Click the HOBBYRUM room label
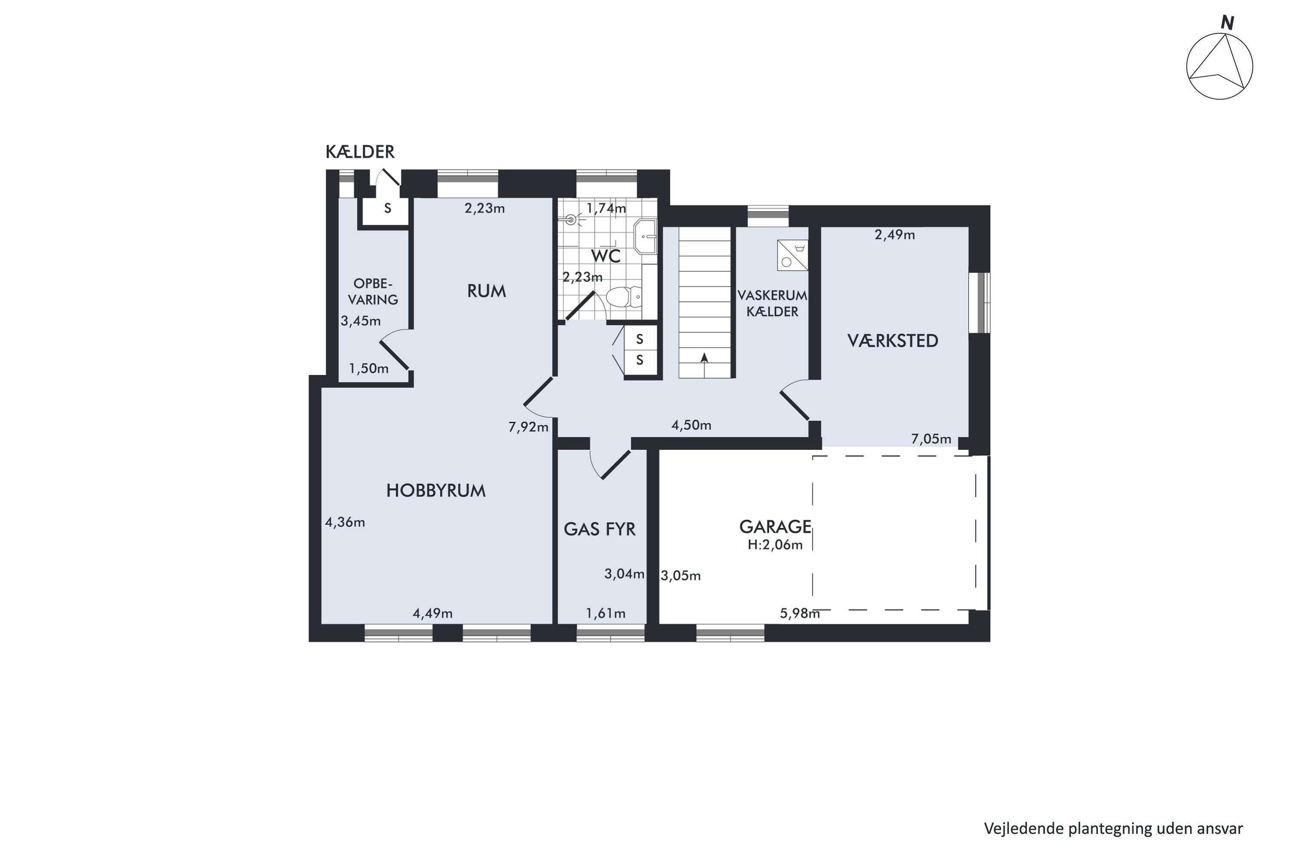pyautogui.click(x=436, y=490)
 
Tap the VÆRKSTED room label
pyautogui.click(x=893, y=341)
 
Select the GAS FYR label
pyautogui.click(x=599, y=529)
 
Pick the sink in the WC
pyautogui.click(x=645, y=236)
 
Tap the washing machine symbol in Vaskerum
pyautogui.click(x=792, y=255)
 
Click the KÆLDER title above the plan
pyautogui.click(x=360, y=152)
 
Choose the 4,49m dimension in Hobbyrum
pyautogui.click(x=433, y=613)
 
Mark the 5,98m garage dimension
pyautogui.click(x=800, y=613)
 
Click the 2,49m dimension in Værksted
pyautogui.click(x=894, y=235)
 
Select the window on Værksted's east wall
pyautogui.click(x=979, y=302)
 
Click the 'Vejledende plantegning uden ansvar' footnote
pyautogui.click(x=1113, y=828)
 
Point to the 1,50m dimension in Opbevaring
pyautogui.click(x=369, y=369)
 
